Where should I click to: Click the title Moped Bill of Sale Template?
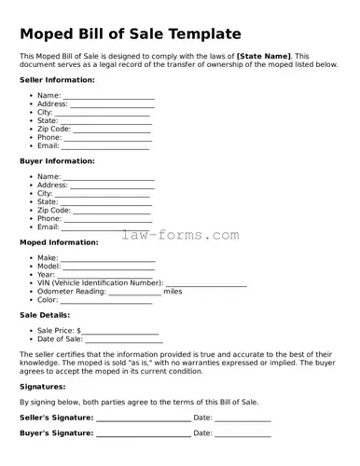coord(130,34)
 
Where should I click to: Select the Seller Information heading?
coord(57,80)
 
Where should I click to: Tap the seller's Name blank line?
coord(108,97)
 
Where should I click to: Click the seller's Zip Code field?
coord(111,130)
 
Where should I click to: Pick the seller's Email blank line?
coord(104,147)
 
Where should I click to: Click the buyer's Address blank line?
coord(112,186)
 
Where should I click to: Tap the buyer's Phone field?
coord(107,220)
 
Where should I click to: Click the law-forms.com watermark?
coord(180,235)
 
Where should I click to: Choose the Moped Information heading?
coord(58,242)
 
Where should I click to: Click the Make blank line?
coord(108,259)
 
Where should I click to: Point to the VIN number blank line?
coord(206,283)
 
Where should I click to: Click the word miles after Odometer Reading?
coord(173,292)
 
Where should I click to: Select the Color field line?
coord(105,301)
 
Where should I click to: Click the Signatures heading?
coord(43,386)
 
